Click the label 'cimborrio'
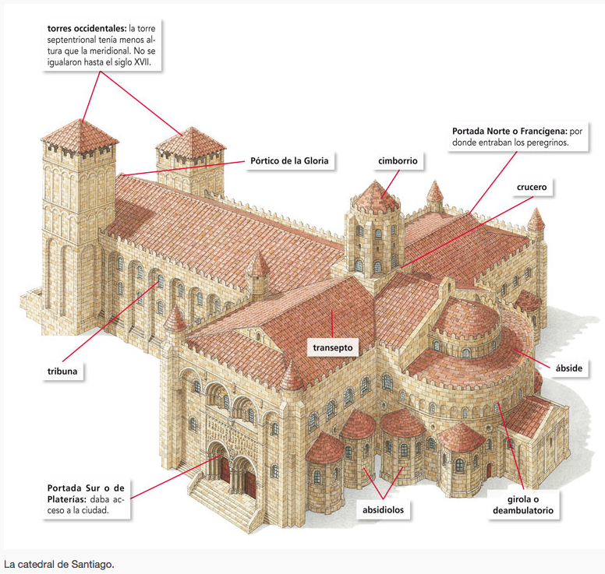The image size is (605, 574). point(398,161)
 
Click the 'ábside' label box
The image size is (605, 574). point(568,367)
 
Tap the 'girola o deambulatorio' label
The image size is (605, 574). point(523,505)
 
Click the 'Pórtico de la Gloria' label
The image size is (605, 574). point(289,162)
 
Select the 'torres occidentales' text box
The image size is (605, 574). point(102,46)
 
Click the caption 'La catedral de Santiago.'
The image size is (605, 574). point(59,563)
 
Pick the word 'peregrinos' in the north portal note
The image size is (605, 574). point(545,143)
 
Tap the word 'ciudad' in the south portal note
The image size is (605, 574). point(91,511)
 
